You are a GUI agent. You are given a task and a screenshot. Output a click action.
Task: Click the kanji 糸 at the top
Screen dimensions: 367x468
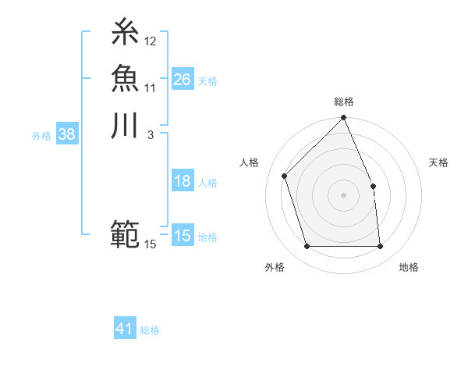(126, 32)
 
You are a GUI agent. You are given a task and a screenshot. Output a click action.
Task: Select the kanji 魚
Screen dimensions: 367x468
(126, 78)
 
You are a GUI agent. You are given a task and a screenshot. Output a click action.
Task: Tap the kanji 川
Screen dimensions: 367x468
(126, 125)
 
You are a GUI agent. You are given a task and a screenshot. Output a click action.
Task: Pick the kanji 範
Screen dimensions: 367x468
(126, 233)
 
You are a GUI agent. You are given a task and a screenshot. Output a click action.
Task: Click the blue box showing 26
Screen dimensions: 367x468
(183, 80)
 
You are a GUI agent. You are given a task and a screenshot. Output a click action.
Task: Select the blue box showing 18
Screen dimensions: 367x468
(183, 182)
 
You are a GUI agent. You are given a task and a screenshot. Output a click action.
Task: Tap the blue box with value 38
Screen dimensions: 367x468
(67, 134)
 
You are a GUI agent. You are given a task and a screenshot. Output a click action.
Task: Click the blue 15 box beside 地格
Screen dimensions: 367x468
(183, 236)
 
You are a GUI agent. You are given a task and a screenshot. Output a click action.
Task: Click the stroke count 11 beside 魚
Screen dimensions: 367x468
(150, 87)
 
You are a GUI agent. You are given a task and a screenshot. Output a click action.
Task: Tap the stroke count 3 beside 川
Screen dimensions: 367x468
(150, 134)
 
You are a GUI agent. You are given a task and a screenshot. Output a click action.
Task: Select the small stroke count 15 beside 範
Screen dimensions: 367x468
(151, 244)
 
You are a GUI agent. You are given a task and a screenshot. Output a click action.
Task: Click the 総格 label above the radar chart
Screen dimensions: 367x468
(343, 102)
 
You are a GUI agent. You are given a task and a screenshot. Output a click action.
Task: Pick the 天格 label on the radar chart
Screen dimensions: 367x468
(438, 162)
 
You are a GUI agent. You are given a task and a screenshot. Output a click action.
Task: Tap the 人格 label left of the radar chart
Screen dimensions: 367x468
(250, 162)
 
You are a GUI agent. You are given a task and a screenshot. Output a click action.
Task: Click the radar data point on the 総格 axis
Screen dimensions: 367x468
(343, 118)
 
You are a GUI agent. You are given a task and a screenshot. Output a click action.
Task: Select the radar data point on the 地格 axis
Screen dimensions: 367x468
(380, 247)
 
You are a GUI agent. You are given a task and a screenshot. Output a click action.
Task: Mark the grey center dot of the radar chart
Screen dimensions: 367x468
(343, 195)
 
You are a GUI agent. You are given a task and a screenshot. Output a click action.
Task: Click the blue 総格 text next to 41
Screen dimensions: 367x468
(150, 330)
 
